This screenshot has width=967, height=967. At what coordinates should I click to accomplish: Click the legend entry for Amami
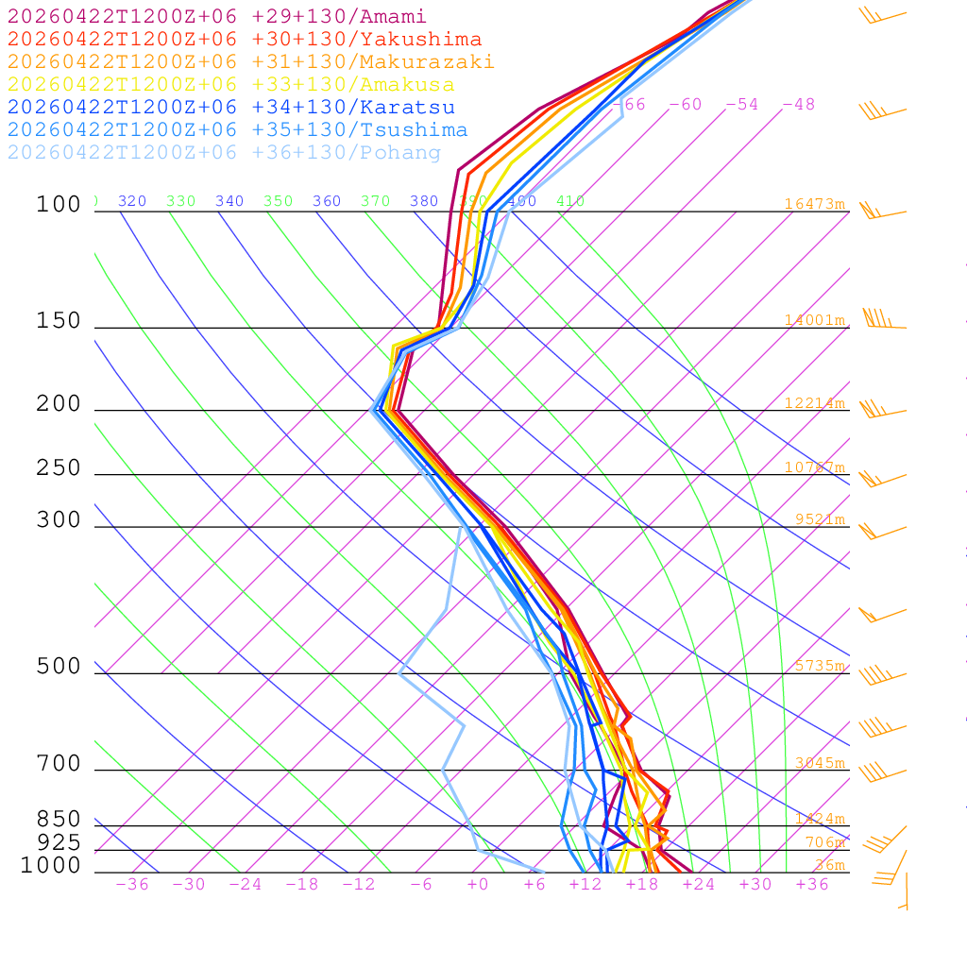pyautogui.click(x=216, y=17)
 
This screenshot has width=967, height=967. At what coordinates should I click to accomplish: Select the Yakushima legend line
pyautogui.click(x=244, y=40)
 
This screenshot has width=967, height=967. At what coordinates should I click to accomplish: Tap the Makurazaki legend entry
pyautogui.click(x=250, y=62)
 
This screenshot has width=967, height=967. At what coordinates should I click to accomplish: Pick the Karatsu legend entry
pyautogui.click(x=230, y=108)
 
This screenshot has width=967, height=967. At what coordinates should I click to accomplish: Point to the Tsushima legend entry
pyautogui.click(x=237, y=130)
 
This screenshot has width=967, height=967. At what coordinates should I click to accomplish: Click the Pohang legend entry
pyautogui.click(x=224, y=153)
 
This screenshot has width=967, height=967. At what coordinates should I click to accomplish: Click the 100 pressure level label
pyautogui.click(x=59, y=205)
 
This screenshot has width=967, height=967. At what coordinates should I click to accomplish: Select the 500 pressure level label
pyautogui.click(x=59, y=667)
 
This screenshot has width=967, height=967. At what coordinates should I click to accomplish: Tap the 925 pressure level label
pyautogui.click(x=59, y=842)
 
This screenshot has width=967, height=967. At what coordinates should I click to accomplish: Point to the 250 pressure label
pyautogui.click(x=59, y=468)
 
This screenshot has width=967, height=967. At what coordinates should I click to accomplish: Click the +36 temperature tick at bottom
pyautogui.click(x=812, y=884)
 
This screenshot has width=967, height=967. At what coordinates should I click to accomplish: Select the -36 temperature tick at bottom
pyautogui.click(x=132, y=884)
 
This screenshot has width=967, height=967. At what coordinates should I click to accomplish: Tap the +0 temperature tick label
pyautogui.click(x=478, y=884)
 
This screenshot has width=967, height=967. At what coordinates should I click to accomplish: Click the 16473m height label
pyautogui.click(x=814, y=204)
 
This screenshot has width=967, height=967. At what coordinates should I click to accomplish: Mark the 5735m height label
pyautogui.click(x=818, y=666)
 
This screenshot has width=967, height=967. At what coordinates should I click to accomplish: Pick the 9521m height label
pyautogui.click(x=820, y=519)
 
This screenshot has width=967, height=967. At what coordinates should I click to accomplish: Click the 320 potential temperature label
pyautogui.click(x=132, y=201)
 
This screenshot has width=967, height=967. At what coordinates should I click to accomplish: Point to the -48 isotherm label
pyautogui.click(x=798, y=105)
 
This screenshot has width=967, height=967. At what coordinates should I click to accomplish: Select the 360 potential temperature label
pyautogui.click(x=327, y=201)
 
